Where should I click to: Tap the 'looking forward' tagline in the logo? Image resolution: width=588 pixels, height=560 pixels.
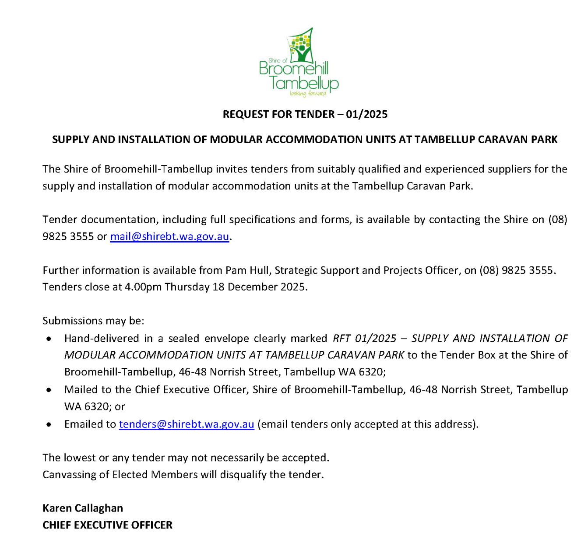tap(308, 94)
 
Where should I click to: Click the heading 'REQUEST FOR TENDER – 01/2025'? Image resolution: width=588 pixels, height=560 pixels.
tap(305, 114)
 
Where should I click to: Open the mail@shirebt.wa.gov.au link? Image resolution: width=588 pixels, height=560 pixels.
tap(169, 236)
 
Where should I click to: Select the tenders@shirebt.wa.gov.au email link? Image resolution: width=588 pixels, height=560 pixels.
tap(187, 424)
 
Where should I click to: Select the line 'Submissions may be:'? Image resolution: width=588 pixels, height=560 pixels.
tap(93, 321)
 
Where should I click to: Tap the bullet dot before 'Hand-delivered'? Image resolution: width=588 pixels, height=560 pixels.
tap(49, 339)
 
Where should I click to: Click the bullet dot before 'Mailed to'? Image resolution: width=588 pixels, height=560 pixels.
tap(49, 390)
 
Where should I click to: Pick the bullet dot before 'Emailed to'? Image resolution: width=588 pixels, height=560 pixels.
tap(49, 424)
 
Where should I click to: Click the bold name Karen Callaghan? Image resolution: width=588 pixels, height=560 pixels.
tap(83, 508)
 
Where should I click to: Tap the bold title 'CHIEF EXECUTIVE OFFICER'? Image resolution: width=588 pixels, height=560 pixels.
tap(107, 525)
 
